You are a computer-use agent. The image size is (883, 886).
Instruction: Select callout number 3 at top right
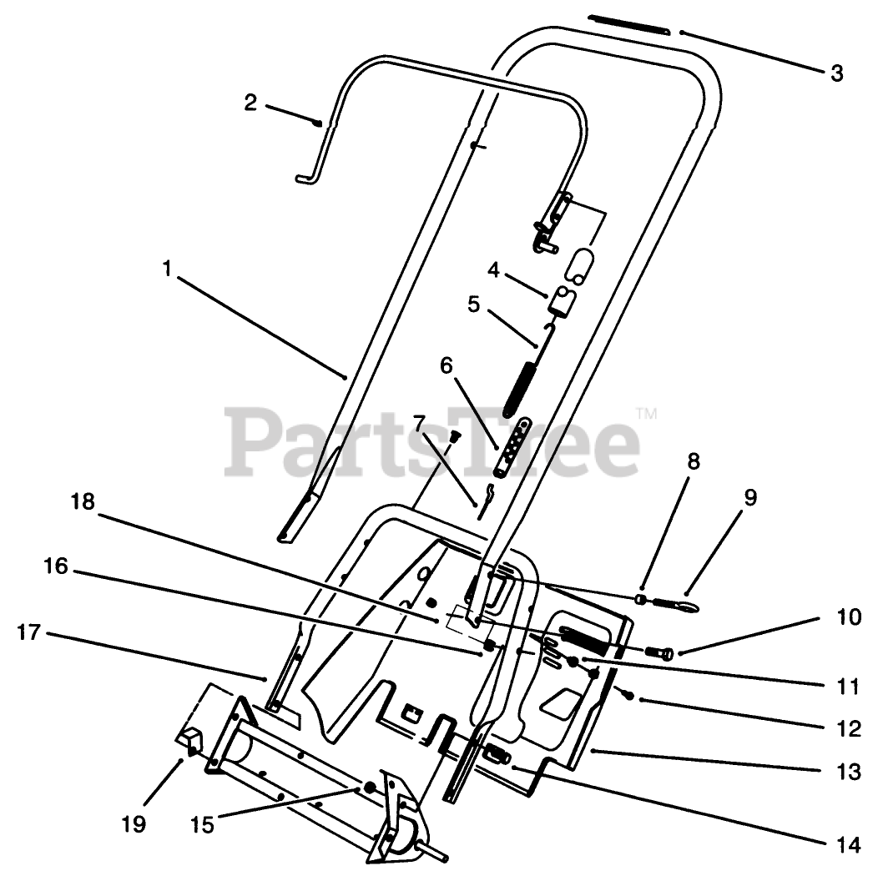tap(836, 73)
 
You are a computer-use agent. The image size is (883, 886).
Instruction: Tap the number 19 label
tap(134, 824)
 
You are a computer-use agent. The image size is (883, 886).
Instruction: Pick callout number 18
tap(83, 501)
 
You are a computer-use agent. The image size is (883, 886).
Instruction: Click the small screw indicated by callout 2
tap(318, 123)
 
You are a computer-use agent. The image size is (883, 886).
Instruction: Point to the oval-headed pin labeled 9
tap(686, 602)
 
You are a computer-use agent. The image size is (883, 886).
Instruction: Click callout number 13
tap(848, 772)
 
